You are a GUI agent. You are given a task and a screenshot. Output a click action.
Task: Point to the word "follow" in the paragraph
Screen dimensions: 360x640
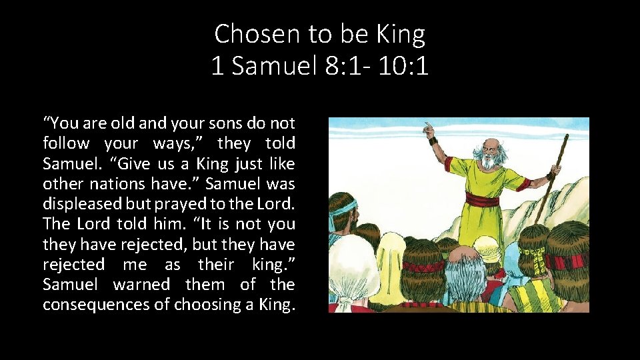point(66,143)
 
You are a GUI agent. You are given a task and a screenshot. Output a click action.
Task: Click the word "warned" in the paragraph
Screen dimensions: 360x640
point(142,285)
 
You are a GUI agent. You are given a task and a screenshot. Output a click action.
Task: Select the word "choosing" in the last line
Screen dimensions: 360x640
point(203,305)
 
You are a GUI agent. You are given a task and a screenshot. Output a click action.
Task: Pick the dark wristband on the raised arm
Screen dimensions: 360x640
point(434,141)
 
